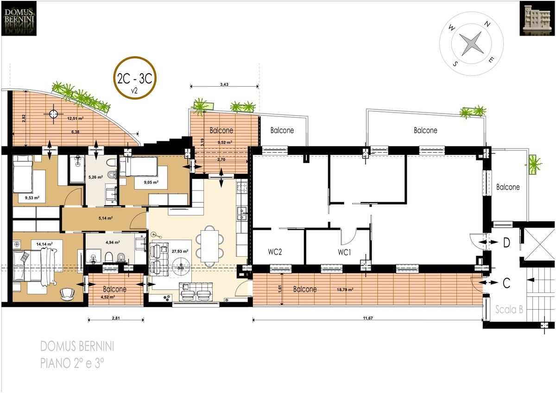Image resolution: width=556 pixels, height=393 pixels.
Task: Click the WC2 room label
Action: pos(275,252)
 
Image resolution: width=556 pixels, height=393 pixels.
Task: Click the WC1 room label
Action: pos(344,252)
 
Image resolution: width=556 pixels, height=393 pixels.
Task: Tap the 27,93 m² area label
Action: pos(180,251)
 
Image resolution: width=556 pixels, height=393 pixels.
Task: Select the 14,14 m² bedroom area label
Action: pos(44,244)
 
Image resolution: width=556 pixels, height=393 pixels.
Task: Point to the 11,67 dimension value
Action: pos(368,318)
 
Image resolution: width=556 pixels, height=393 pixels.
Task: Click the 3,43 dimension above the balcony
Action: pos(224,84)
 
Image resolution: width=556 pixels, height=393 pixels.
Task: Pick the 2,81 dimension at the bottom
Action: pos(116,318)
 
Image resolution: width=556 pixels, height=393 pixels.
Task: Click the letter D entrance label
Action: pos(506,242)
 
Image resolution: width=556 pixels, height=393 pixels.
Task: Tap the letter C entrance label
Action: pos(506,283)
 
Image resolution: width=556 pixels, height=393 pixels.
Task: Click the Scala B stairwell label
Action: pos(509,309)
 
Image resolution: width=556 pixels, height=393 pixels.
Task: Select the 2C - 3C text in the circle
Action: pos(134,79)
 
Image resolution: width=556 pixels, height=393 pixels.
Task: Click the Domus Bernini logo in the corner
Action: pos(19,19)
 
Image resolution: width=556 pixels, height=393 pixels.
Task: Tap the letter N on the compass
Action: pos(487,24)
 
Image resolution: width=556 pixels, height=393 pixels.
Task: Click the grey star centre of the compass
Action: pos(471,44)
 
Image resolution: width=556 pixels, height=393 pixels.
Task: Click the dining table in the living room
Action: pos(210,246)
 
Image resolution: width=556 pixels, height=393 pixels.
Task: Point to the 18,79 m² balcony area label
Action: pos(345,290)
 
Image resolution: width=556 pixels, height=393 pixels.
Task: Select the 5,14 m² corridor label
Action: pos(106,218)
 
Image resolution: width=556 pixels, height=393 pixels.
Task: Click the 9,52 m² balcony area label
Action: pos(225,142)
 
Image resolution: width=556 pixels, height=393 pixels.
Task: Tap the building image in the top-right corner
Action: pos(537,19)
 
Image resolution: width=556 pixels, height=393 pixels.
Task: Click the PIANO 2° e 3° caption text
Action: pos(72,363)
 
